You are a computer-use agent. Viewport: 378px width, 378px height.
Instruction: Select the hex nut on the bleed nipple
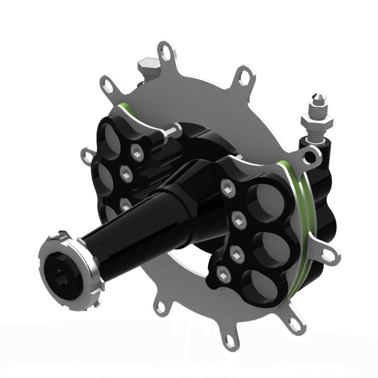click(317, 120)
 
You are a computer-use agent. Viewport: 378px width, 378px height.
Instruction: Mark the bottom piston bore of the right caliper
click(260, 286)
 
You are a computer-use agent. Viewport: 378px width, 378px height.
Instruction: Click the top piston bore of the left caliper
click(111, 135)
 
